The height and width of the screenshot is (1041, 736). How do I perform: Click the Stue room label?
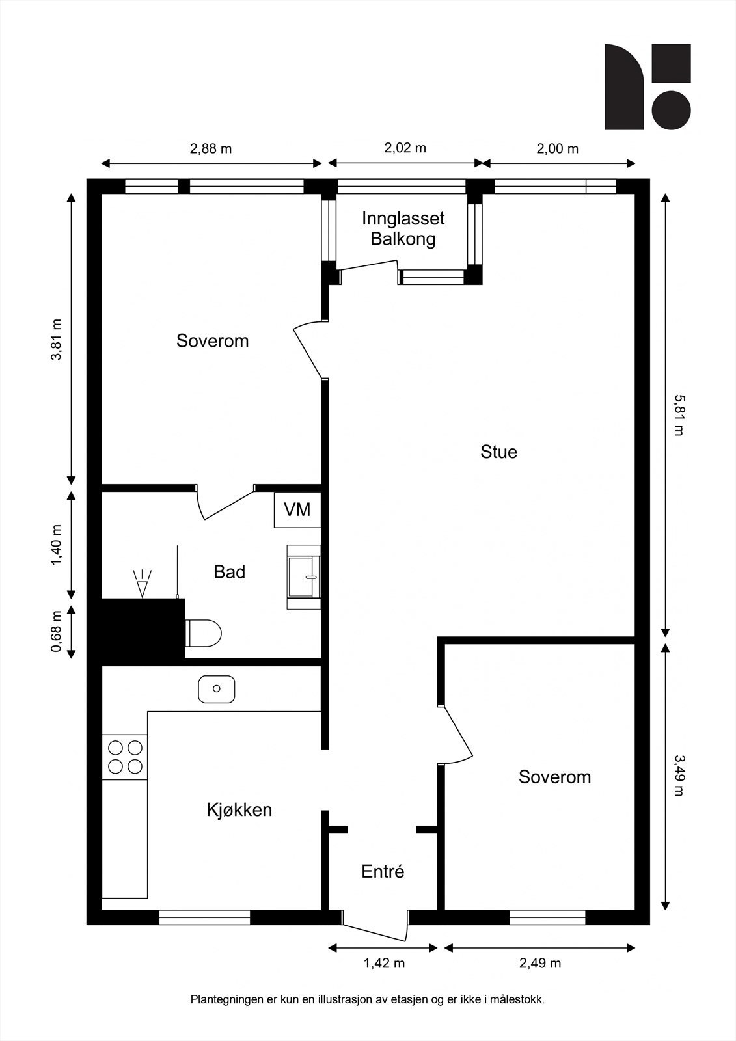pos(498,452)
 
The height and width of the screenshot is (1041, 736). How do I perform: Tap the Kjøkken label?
pos(239,809)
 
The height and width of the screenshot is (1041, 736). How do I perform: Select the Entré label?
pos(383,871)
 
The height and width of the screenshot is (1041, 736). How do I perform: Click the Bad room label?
pos(229,572)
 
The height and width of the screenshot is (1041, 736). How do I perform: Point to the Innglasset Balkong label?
pos(403,228)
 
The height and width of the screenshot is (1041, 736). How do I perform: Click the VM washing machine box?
pos(297,510)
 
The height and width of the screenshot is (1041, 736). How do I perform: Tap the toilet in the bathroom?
pos(203,632)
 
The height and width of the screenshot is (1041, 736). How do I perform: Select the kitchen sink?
pos(217,689)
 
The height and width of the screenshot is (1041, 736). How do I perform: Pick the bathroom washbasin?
pos(304,576)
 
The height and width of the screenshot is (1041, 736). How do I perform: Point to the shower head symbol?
pos(143,583)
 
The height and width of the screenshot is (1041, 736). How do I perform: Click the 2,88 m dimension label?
pos(211,149)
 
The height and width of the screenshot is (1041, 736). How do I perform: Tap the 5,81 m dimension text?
pos(679,414)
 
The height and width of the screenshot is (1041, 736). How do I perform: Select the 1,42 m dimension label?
pos(384,963)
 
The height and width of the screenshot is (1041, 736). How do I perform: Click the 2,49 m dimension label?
pos(540,963)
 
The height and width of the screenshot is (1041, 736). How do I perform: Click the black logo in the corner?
pos(647,87)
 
